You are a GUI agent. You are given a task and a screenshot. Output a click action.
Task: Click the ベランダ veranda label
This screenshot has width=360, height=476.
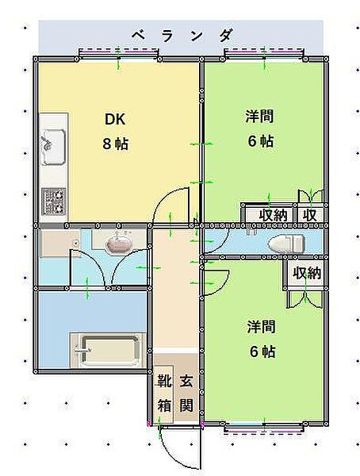(x=183, y=36)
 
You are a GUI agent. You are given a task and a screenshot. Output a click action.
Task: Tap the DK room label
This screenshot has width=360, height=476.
(x=115, y=119)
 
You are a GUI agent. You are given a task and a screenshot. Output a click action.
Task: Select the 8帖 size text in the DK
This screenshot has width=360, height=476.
(x=115, y=144)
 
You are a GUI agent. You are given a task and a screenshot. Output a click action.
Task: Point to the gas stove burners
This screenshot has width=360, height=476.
(x=53, y=202)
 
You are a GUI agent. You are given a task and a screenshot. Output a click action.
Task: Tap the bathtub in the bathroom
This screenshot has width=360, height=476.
(x=108, y=350)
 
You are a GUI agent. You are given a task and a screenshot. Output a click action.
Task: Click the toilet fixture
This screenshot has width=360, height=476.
(x=286, y=244)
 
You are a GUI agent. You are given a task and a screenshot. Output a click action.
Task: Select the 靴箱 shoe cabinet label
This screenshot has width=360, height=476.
(x=164, y=393)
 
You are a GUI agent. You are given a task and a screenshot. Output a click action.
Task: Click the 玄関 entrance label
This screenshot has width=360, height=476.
(x=186, y=393)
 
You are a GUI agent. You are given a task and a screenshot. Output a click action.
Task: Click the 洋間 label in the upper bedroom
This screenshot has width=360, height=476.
(x=259, y=117)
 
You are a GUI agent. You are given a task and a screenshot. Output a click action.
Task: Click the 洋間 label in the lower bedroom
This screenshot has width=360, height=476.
(x=261, y=327)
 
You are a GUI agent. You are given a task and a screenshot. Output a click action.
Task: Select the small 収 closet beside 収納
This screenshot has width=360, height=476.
(x=309, y=215)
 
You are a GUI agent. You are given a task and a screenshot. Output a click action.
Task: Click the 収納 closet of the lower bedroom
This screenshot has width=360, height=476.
(x=307, y=273)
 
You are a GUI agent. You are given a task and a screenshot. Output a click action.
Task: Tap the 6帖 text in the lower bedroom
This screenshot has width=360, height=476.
(x=263, y=351)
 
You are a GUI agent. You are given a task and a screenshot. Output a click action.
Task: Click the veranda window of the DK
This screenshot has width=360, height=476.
(x=118, y=54)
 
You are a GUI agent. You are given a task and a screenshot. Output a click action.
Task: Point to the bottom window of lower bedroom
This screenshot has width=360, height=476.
(x=263, y=428)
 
